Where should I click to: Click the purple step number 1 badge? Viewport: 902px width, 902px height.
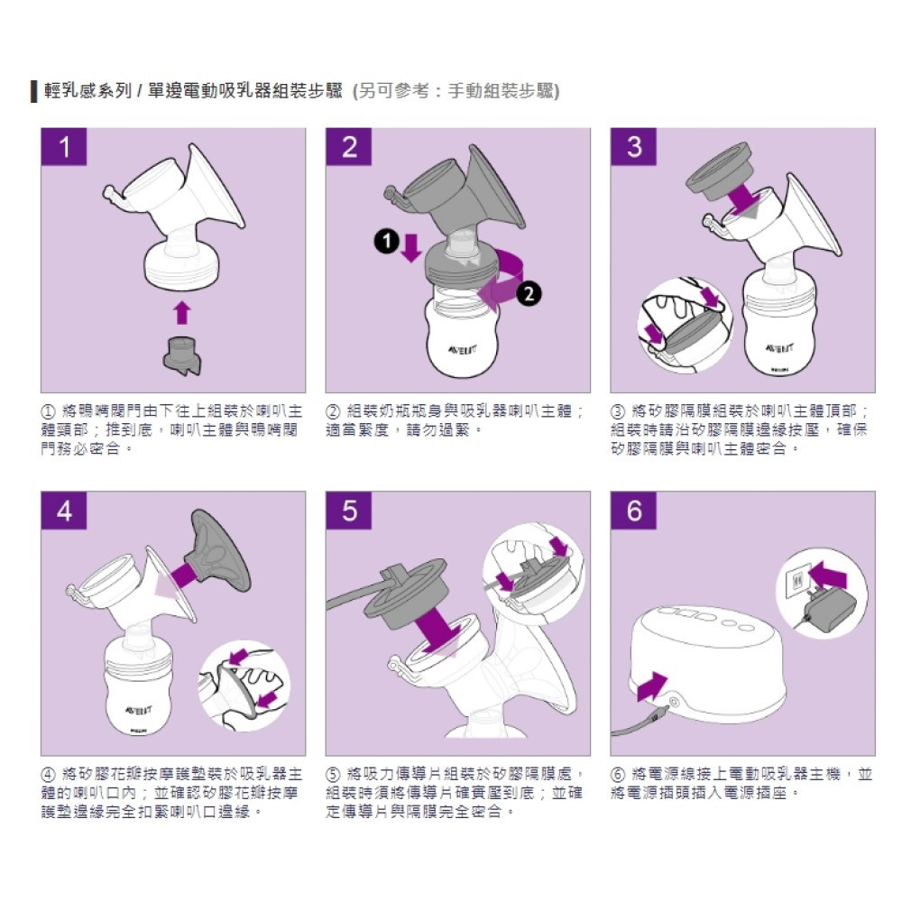(64, 147)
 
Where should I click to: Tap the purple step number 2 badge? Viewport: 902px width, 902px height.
(348, 147)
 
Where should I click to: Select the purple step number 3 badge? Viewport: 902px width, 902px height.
(633, 147)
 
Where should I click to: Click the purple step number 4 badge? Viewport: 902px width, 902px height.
(64, 511)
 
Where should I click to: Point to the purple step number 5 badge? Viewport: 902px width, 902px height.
(348, 511)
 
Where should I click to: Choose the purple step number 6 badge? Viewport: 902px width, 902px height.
(633, 511)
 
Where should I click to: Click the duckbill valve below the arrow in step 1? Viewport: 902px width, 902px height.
(182, 356)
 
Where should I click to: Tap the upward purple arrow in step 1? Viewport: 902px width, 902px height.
(182, 312)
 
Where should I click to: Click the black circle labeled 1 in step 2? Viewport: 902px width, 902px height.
(387, 241)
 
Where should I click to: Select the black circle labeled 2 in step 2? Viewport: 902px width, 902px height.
(529, 294)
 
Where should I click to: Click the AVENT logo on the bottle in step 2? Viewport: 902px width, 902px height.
(462, 349)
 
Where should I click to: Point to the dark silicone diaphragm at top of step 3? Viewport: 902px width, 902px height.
(722, 172)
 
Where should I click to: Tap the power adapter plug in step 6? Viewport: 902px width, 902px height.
(826, 607)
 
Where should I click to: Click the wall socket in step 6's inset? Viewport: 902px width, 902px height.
(797, 581)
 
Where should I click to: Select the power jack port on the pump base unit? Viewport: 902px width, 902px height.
(674, 702)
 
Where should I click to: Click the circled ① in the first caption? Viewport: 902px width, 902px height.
(48, 412)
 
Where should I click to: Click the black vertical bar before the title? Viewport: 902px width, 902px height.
(34, 91)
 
